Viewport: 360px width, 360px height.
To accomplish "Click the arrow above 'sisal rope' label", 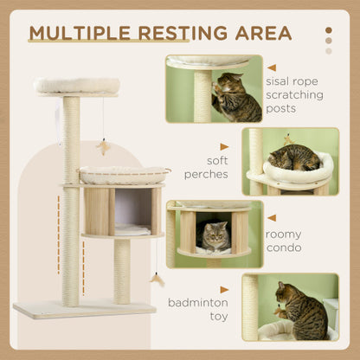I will tap(272, 67).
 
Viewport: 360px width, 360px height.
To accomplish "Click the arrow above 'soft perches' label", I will tap(224, 146).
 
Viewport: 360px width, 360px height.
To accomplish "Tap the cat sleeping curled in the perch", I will tap(294, 157).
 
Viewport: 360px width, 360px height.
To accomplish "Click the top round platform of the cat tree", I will tap(77, 86).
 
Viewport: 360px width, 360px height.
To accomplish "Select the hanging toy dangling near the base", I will tap(157, 278).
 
